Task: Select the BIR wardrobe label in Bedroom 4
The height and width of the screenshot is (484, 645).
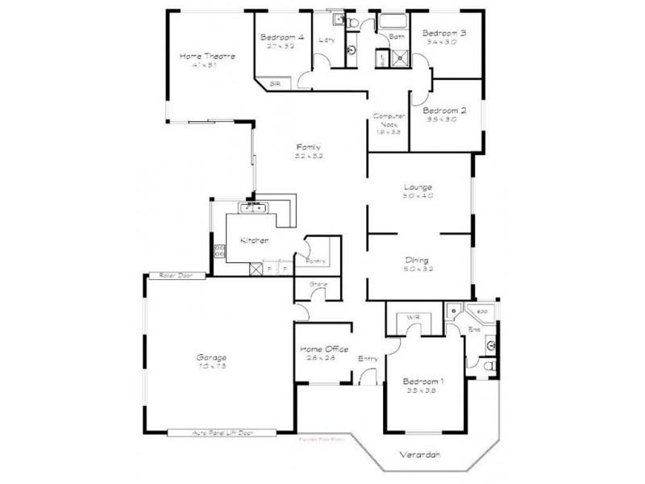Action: [275, 83]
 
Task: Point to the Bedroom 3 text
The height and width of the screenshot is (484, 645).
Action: [444, 32]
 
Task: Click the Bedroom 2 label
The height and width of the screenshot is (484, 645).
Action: [445, 110]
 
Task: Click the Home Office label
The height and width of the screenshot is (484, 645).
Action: [324, 348]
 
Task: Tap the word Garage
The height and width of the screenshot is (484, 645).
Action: [211, 357]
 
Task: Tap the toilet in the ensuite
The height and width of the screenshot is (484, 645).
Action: [489, 368]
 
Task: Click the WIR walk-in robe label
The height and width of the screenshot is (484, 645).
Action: [414, 316]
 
